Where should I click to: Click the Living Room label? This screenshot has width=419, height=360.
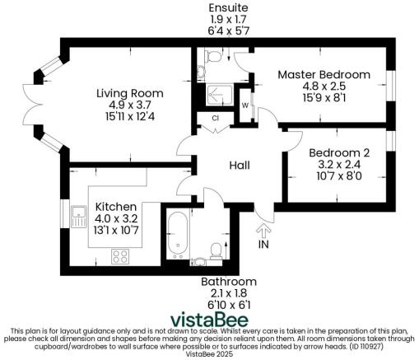pos(128,92)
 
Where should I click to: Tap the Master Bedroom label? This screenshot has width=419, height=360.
pos(324,74)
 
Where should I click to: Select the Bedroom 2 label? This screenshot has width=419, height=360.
pos(339,152)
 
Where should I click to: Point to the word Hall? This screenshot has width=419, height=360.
pos(240,166)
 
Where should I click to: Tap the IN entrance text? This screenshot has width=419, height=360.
pos(263,245)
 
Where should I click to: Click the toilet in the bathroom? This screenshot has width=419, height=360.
pos(216,249)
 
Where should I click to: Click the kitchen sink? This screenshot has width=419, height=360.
pos(81,217)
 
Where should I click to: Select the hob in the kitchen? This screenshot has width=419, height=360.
pos(122,255)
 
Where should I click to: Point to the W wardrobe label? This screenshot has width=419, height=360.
pos(245,105)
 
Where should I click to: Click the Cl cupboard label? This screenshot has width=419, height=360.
pos(214,118)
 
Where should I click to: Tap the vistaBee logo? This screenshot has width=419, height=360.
pos(209,319)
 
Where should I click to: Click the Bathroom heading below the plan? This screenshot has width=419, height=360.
pos(228,282)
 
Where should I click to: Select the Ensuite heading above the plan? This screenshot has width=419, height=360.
pos(228,7)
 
